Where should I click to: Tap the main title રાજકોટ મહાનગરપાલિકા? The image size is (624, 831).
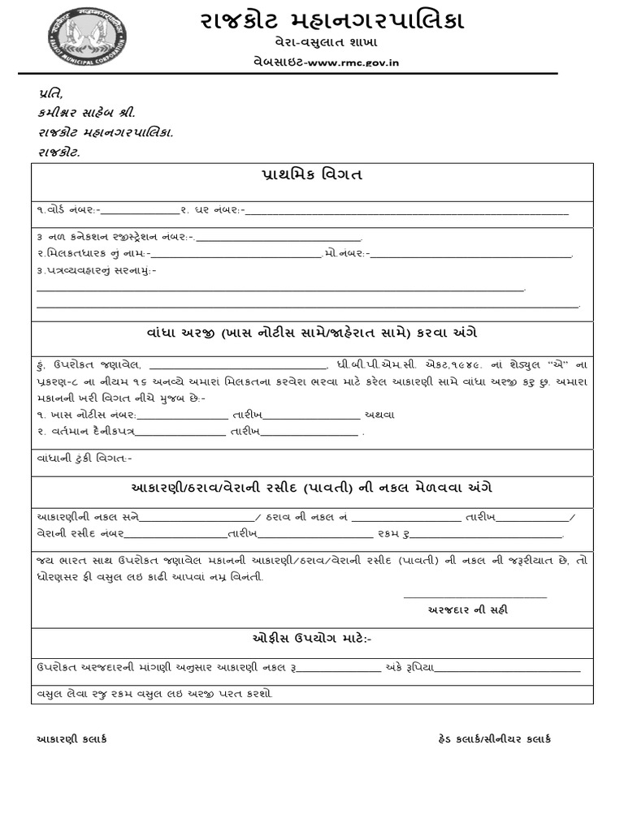[x=332, y=21]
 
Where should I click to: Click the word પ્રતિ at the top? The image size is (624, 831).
[x=50, y=93]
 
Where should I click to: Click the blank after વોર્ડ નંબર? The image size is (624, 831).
[x=138, y=211]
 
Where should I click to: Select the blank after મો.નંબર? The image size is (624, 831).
[x=471, y=254]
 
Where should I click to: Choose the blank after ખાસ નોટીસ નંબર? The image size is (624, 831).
[x=182, y=414]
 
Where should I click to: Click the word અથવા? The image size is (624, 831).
[x=379, y=414]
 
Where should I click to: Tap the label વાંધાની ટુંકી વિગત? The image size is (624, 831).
[x=84, y=459]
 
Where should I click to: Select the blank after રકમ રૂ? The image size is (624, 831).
[x=487, y=533]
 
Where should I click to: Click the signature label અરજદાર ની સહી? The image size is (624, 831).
[x=468, y=610]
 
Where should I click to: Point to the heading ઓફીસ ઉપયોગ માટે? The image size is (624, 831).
[x=312, y=639]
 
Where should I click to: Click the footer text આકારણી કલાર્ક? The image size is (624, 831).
[x=72, y=738]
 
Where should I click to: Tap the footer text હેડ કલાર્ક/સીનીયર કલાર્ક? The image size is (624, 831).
[x=494, y=738]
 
